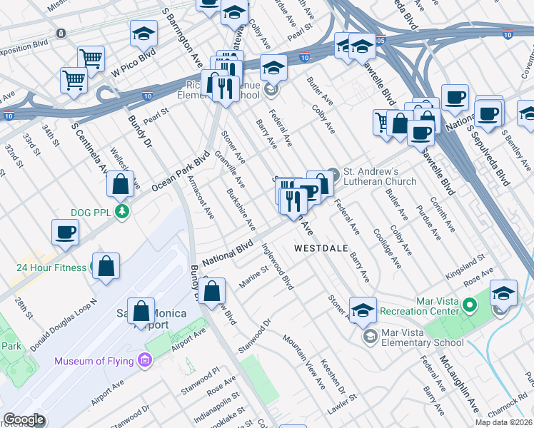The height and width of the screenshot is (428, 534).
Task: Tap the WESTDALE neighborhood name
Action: point(321,248)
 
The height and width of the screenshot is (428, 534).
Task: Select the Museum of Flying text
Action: point(94,361)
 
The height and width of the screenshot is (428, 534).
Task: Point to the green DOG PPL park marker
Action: point(123,211)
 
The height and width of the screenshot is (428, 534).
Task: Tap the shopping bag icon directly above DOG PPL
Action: point(121,184)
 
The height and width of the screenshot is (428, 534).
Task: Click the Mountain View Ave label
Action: point(304,362)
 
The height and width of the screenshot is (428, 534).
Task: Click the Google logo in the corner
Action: point(24,419)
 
